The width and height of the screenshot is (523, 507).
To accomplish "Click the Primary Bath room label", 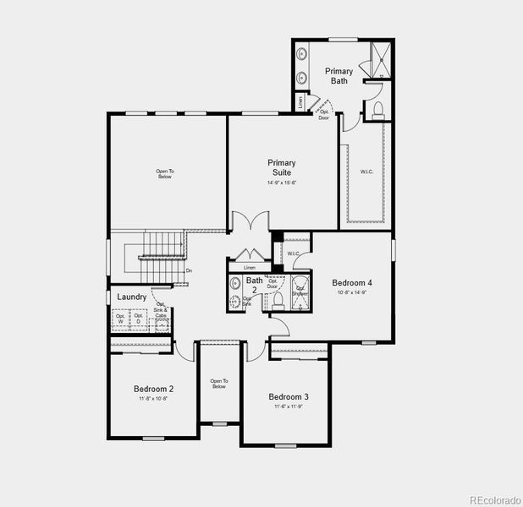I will (339, 76).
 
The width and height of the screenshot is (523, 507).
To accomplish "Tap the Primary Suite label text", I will (282, 167).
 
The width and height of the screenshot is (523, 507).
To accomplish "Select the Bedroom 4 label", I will (352, 283).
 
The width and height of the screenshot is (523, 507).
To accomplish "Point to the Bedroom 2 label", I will (153, 390).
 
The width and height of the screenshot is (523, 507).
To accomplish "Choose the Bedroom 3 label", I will (289, 397).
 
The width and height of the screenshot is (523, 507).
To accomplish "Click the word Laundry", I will (132, 297).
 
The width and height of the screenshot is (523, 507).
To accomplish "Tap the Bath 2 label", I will (254, 285).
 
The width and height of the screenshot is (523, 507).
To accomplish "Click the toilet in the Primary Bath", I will (378, 109).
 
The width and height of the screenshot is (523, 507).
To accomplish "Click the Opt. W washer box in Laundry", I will (120, 319).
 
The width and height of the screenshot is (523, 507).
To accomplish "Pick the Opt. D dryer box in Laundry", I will (138, 319).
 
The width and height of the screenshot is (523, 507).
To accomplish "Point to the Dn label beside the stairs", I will (189, 270).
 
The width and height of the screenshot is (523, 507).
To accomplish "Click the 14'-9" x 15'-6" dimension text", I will (282, 183).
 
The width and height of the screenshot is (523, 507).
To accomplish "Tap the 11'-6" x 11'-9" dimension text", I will (289, 406).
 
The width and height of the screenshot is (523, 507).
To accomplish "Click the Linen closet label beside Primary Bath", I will (300, 101).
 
